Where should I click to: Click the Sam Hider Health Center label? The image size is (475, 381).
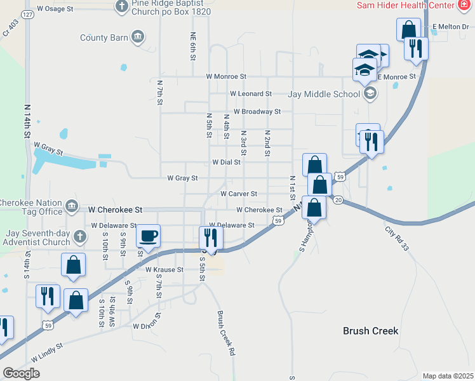[x=405, y=5]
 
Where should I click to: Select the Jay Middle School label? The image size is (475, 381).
[x=324, y=94]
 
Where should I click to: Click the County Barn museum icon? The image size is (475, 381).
[x=137, y=37]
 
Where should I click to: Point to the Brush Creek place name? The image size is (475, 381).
[x=370, y=331]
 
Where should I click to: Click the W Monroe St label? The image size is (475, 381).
[x=226, y=76]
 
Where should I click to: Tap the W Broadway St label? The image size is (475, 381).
[x=257, y=112]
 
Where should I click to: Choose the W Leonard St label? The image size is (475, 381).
[x=251, y=93]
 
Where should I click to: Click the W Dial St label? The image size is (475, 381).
[x=227, y=163]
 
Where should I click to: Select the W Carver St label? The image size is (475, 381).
[x=239, y=194]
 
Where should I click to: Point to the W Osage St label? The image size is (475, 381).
[x=56, y=9]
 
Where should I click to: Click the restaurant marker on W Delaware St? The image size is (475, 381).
[x=211, y=238]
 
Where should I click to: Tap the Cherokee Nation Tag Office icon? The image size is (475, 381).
[x=71, y=206]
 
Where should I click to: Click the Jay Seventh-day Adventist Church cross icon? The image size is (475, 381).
[x=79, y=237]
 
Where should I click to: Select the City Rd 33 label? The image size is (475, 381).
[x=397, y=239]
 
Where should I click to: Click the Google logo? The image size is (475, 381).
[x=21, y=373]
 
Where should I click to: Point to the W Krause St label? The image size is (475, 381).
[x=164, y=270]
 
